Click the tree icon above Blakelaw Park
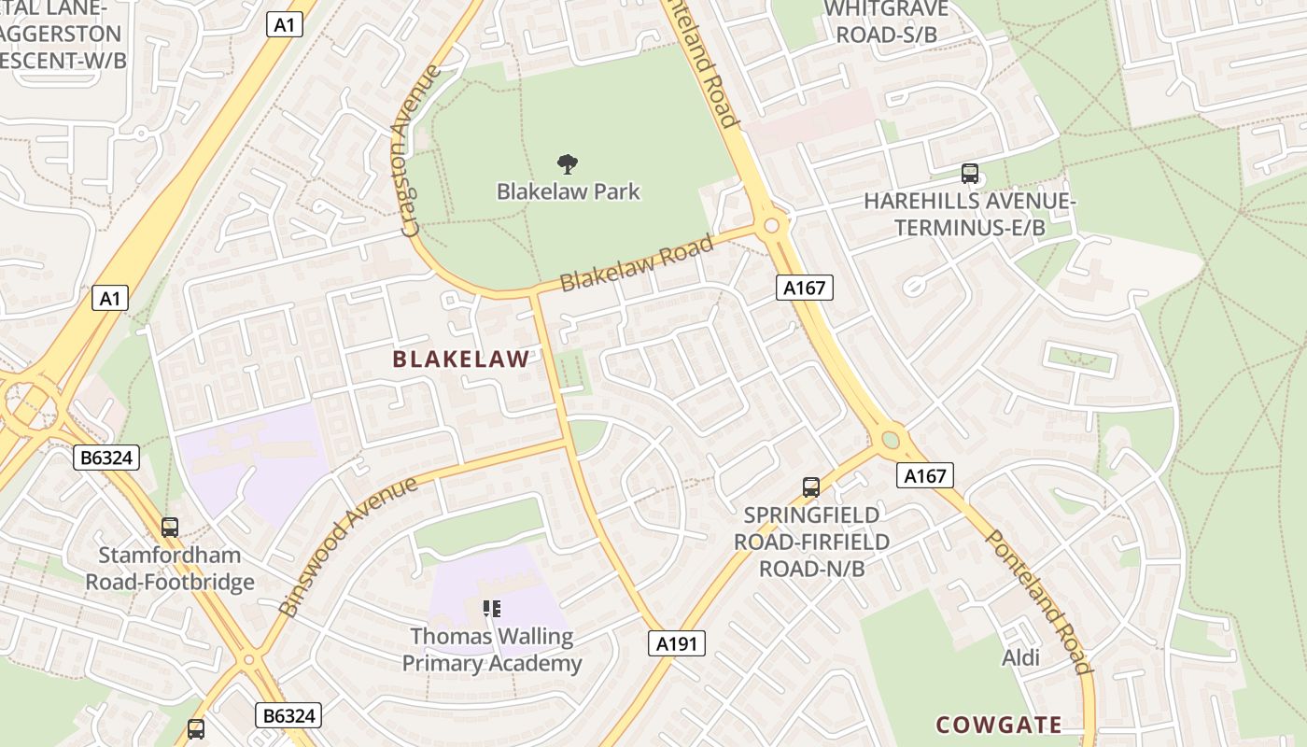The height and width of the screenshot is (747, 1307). coord(567,165)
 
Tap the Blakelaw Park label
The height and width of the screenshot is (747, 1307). coord(568,191)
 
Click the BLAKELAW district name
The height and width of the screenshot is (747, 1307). coord(461,359)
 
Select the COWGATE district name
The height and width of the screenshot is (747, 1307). coord(999,725)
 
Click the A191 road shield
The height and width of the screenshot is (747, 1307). coord(677,643)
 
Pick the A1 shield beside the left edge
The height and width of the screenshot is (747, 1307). coord(110,299)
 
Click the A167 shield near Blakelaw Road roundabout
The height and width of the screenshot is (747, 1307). coord(804,288)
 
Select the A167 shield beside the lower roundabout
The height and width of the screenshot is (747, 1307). coord(925,475)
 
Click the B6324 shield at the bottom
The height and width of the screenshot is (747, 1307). coord(288,716)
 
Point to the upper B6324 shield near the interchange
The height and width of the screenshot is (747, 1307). coord(106,458)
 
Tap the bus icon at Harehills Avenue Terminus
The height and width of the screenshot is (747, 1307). coord(970,173)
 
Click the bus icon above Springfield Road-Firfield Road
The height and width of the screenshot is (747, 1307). coord(811,486)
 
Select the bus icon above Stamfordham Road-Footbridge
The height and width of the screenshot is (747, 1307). coord(169,528)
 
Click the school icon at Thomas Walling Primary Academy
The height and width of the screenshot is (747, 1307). coord(492,610)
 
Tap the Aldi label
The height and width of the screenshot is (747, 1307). coord(1020,657)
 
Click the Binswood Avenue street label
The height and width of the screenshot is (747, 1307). coord(348,546)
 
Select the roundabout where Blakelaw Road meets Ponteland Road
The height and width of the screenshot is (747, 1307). coord(771,225)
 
